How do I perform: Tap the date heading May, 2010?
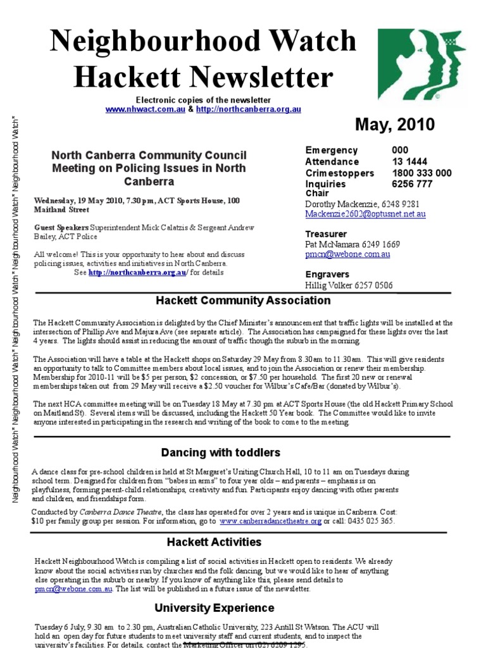(395, 124)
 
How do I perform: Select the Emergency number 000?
(401, 151)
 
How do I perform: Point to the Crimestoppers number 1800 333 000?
(421, 173)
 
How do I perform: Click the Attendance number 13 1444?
(410, 162)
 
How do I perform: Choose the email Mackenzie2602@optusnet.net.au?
(365, 215)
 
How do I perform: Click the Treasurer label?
(326, 234)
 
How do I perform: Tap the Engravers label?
(327, 275)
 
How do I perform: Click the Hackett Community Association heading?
(243, 301)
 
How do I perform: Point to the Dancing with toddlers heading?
(220, 452)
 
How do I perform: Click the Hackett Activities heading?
(214, 542)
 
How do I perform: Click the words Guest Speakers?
(61, 227)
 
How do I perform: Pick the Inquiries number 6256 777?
(412, 184)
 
